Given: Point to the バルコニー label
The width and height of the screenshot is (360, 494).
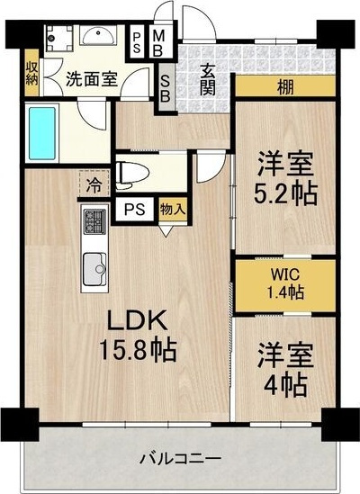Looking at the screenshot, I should [180, 459].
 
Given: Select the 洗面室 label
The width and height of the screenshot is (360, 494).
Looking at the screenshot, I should [90, 78].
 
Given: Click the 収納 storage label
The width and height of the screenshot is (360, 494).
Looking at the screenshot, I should [31, 73].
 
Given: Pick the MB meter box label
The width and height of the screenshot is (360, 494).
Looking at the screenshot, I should [158, 40].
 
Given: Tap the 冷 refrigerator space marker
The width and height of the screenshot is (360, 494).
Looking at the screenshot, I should [94, 187].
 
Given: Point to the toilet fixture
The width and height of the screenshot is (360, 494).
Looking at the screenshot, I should [133, 171].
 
